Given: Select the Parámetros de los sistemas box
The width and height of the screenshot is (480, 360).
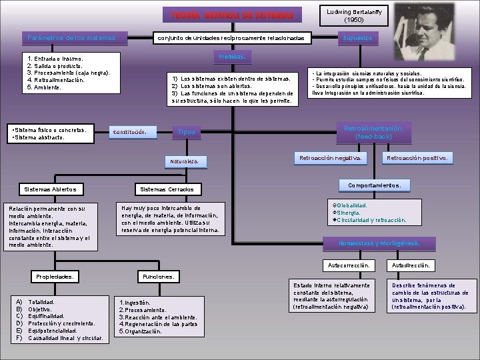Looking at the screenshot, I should pyautogui.click(x=73, y=37).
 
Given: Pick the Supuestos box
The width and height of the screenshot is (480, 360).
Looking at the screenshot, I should pyautogui.click(x=357, y=39).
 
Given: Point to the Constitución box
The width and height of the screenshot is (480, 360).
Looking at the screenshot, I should pyautogui.click(x=134, y=132).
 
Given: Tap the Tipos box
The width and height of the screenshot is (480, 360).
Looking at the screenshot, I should pyautogui.click(x=187, y=132).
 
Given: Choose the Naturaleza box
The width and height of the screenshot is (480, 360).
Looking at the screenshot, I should pyautogui.click(x=189, y=161).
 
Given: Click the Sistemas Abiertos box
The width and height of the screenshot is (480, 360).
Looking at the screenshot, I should pyautogui.click(x=51, y=189).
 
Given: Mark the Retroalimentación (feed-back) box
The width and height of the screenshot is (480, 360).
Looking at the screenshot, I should pyautogui.click(x=382, y=131).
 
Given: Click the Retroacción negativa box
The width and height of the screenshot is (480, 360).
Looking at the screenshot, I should pyautogui.click(x=330, y=158).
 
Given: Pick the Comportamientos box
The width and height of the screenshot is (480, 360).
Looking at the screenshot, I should pyautogui.click(x=374, y=185).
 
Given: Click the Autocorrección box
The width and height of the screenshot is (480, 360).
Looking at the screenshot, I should pyautogui.click(x=348, y=265).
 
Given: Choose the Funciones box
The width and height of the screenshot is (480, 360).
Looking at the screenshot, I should pyautogui.click(x=158, y=276).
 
